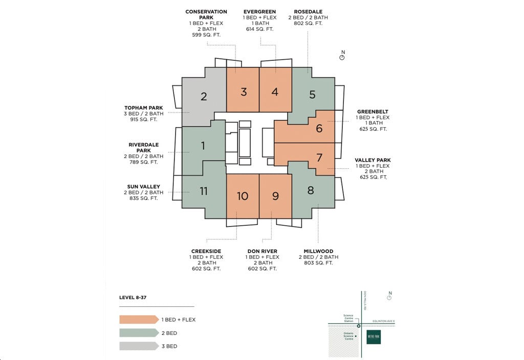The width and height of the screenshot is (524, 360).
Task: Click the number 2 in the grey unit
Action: (x=204, y=96)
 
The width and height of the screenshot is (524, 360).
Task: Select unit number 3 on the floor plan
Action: (x=244, y=92)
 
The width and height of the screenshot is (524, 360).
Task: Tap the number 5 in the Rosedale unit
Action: (x=312, y=94)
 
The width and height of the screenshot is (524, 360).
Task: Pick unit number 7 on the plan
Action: (x=319, y=157)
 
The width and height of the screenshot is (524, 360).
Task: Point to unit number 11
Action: (x=204, y=191)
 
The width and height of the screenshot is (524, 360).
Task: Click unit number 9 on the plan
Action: (x=275, y=196)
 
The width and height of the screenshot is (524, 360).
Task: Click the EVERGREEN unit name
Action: (x=259, y=11)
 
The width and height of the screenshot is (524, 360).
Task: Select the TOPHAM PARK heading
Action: (x=143, y=107)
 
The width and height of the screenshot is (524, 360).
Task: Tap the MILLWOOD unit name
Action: (x=318, y=251)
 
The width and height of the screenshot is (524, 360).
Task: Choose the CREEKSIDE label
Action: (x=206, y=251)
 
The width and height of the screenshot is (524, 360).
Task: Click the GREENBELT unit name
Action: (x=373, y=111)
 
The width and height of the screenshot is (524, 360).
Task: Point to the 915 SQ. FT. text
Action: (x=143, y=120)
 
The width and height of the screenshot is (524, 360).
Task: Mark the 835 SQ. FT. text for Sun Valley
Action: (x=143, y=198)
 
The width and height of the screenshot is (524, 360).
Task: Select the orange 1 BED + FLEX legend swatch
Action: (x=139, y=320)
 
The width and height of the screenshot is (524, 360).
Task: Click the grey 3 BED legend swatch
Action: (x=139, y=346)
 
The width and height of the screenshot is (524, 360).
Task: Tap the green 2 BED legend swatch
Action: (x=139, y=333)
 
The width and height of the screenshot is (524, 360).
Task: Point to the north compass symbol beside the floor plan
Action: (x=342, y=57)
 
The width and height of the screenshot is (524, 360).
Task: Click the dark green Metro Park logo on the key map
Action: (x=374, y=337)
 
